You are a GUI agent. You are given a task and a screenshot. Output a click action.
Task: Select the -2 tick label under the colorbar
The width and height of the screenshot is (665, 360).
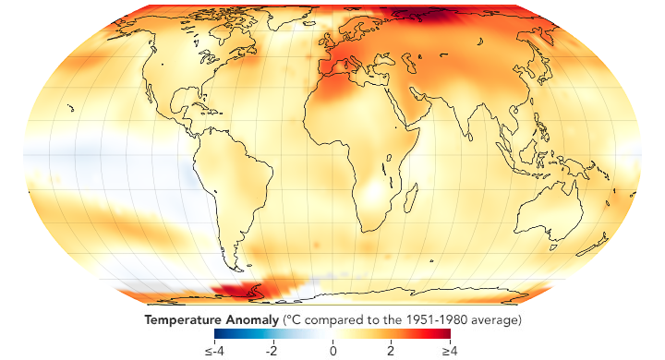[x=271, y=351]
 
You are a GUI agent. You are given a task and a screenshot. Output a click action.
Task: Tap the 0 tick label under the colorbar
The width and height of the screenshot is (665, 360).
[x=332, y=351]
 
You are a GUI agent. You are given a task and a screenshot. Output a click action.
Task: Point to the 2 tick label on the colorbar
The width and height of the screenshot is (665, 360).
[x=391, y=351]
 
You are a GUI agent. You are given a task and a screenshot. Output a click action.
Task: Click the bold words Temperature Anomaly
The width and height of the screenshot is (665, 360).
[x=210, y=320]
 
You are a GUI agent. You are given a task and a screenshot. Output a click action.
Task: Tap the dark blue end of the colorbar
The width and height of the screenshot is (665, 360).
[x=219, y=335]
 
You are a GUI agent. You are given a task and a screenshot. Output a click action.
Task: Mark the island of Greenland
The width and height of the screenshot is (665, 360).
[x=277, y=23]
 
